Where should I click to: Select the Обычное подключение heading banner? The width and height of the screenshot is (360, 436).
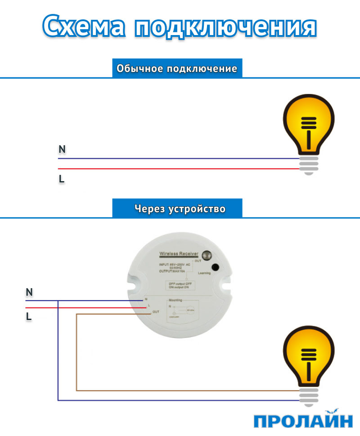(x=177, y=69)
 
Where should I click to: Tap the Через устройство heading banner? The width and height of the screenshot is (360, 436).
(x=180, y=209)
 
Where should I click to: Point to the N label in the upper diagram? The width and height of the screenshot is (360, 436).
(x=62, y=150)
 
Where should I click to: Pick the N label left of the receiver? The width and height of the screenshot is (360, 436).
(x=29, y=293)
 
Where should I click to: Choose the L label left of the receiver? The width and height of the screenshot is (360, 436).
(x=29, y=317)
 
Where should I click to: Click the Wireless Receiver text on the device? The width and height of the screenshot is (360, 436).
(x=179, y=254)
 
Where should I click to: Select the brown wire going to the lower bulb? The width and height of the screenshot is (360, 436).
(x=180, y=390)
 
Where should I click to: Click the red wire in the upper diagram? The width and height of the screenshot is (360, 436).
(x=180, y=169)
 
